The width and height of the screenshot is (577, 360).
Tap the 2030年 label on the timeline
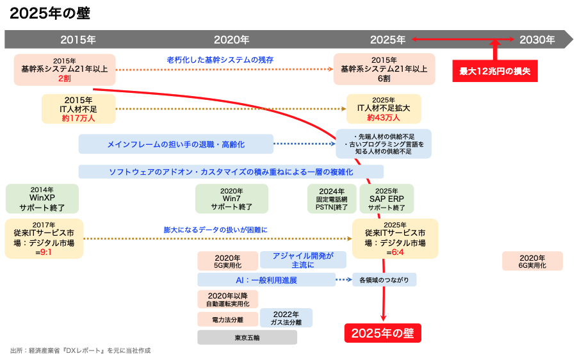[x=537, y=40]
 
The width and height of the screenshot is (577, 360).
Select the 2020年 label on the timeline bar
[x=231, y=40]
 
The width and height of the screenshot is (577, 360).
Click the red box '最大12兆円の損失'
[x=495, y=70]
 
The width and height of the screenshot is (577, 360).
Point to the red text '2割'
[x=64, y=78]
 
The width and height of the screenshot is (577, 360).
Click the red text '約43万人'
[x=384, y=118]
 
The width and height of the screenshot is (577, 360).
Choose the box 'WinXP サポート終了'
[x=42, y=199]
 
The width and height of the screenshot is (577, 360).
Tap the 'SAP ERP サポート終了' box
[x=387, y=199]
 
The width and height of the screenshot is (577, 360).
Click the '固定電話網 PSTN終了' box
[x=332, y=199]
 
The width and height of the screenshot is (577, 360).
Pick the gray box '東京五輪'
[x=247, y=337]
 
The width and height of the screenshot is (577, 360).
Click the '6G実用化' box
[x=532, y=261]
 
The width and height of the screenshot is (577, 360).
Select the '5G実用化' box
[x=227, y=261]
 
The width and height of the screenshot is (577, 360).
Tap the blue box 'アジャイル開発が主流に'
[x=303, y=259]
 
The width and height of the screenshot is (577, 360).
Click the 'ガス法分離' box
[x=286, y=318]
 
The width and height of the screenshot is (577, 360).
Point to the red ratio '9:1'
[x=46, y=252]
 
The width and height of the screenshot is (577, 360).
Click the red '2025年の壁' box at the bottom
[x=383, y=332]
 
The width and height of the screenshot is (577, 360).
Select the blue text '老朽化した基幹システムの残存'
[x=220, y=60]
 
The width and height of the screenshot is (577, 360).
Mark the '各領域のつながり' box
[x=384, y=280]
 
